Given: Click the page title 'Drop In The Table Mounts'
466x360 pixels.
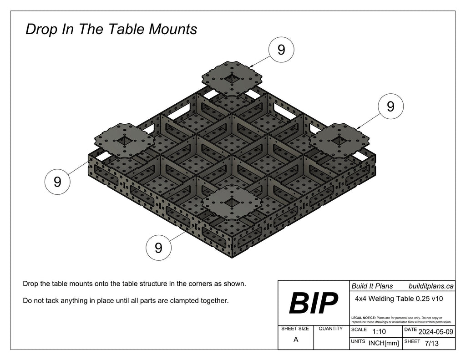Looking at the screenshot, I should click(x=111, y=29).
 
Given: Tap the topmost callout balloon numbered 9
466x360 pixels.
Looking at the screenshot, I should click(x=281, y=50).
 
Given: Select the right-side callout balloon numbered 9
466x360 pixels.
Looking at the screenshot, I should click(x=390, y=106).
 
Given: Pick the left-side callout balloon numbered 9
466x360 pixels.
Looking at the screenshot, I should click(x=57, y=182).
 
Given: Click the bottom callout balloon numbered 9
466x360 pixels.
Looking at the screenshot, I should click(x=158, y=248).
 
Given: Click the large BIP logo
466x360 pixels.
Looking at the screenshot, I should click(x=314, y=303).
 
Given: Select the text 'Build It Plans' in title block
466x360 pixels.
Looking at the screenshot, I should click(x=372, y=286).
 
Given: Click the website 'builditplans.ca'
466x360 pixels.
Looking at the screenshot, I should click(x=431, y=286).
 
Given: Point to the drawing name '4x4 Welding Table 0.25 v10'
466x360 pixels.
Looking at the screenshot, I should click(x=399, y=299).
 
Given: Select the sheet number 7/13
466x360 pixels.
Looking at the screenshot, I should click(x=431, y=344).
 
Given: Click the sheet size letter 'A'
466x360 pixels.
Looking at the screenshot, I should click(x=296, y=340).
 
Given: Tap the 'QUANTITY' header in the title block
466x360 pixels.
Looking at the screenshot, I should click(x=331, y=328).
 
